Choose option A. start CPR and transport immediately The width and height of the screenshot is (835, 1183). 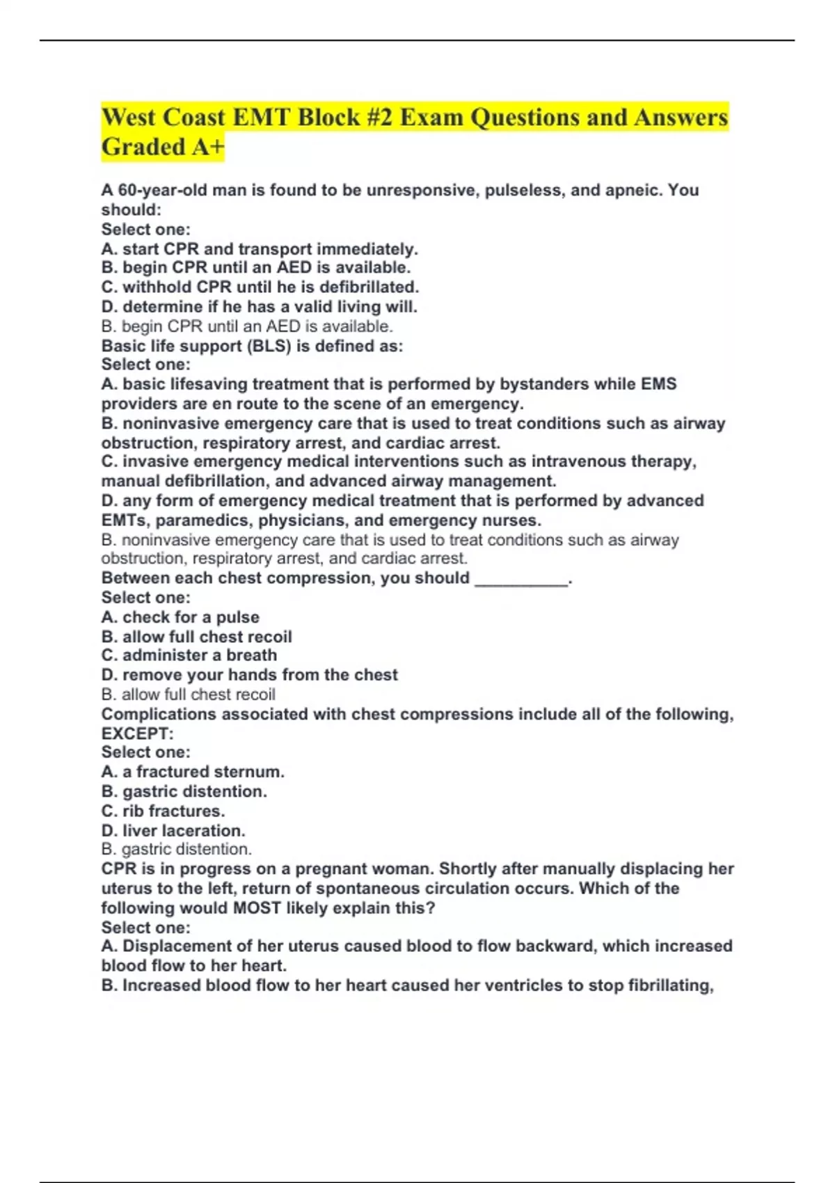(260, 249)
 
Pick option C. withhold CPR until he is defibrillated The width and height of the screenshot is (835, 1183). (260, 287)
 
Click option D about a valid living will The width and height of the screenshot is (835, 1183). (259, 306)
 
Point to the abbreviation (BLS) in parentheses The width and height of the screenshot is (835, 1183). (269, 346)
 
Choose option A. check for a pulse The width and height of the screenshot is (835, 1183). (180, 617)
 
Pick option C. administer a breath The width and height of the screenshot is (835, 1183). (189, 656)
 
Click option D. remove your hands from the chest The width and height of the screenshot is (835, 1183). (250, 675)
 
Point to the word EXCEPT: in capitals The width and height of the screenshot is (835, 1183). (137, 733)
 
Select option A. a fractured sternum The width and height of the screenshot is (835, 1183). (193, 772)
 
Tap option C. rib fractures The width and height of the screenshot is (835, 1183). (163, 811)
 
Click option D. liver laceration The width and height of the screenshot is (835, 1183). (173, 830)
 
